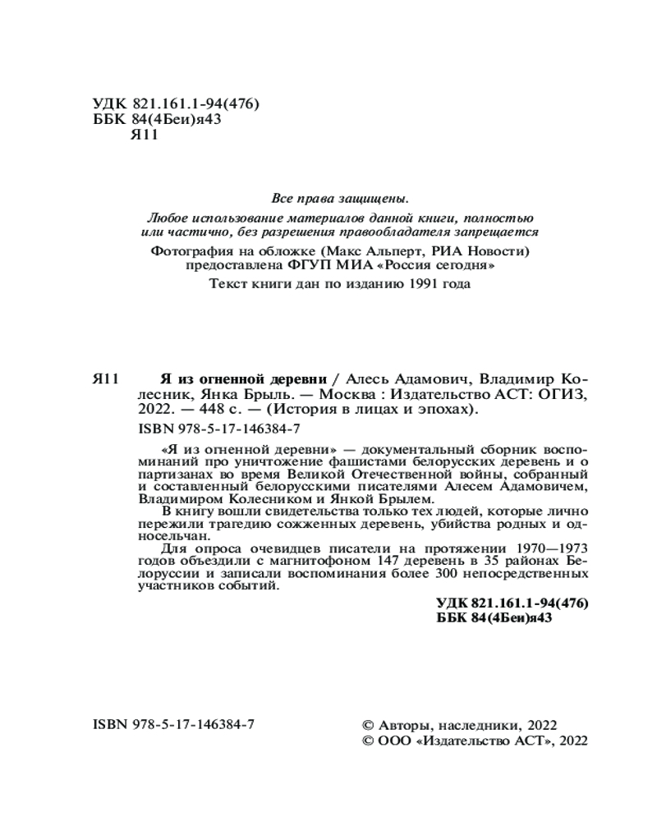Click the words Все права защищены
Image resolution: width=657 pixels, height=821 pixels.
[339, 199]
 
